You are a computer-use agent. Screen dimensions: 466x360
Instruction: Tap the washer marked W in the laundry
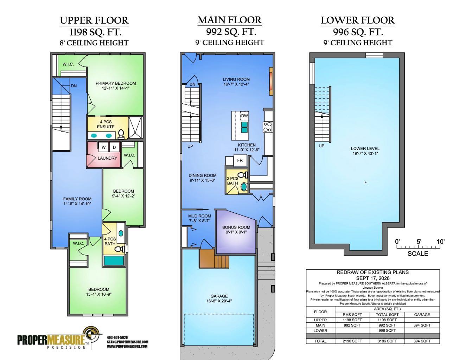[104, 147]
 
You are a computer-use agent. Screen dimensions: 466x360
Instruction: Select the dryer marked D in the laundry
[114, 147]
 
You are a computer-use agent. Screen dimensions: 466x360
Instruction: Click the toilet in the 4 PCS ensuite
[121, 134]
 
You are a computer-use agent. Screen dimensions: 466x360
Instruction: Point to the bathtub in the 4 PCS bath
[114, 261]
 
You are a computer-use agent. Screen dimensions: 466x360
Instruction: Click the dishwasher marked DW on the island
[244, 116]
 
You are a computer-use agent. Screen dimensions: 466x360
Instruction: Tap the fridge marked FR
[240, 160]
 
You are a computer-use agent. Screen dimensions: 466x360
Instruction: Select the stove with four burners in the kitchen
[268, 127]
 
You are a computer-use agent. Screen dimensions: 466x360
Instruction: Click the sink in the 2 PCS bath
[244, 187]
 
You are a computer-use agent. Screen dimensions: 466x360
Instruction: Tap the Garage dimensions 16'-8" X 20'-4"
[219, 301]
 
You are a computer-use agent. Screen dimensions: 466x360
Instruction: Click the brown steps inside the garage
[214, 258]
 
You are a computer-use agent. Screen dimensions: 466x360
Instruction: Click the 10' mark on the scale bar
[440, 242]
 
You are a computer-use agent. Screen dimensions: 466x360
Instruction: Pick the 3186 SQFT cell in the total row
[387, 341]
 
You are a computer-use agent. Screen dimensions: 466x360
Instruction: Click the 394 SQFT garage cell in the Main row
[422, 325]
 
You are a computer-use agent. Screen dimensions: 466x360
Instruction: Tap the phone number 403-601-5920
[117, 337]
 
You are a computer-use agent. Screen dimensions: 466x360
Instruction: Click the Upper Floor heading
[94, 21]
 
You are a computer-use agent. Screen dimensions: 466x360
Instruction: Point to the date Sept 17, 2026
[373, 278]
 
